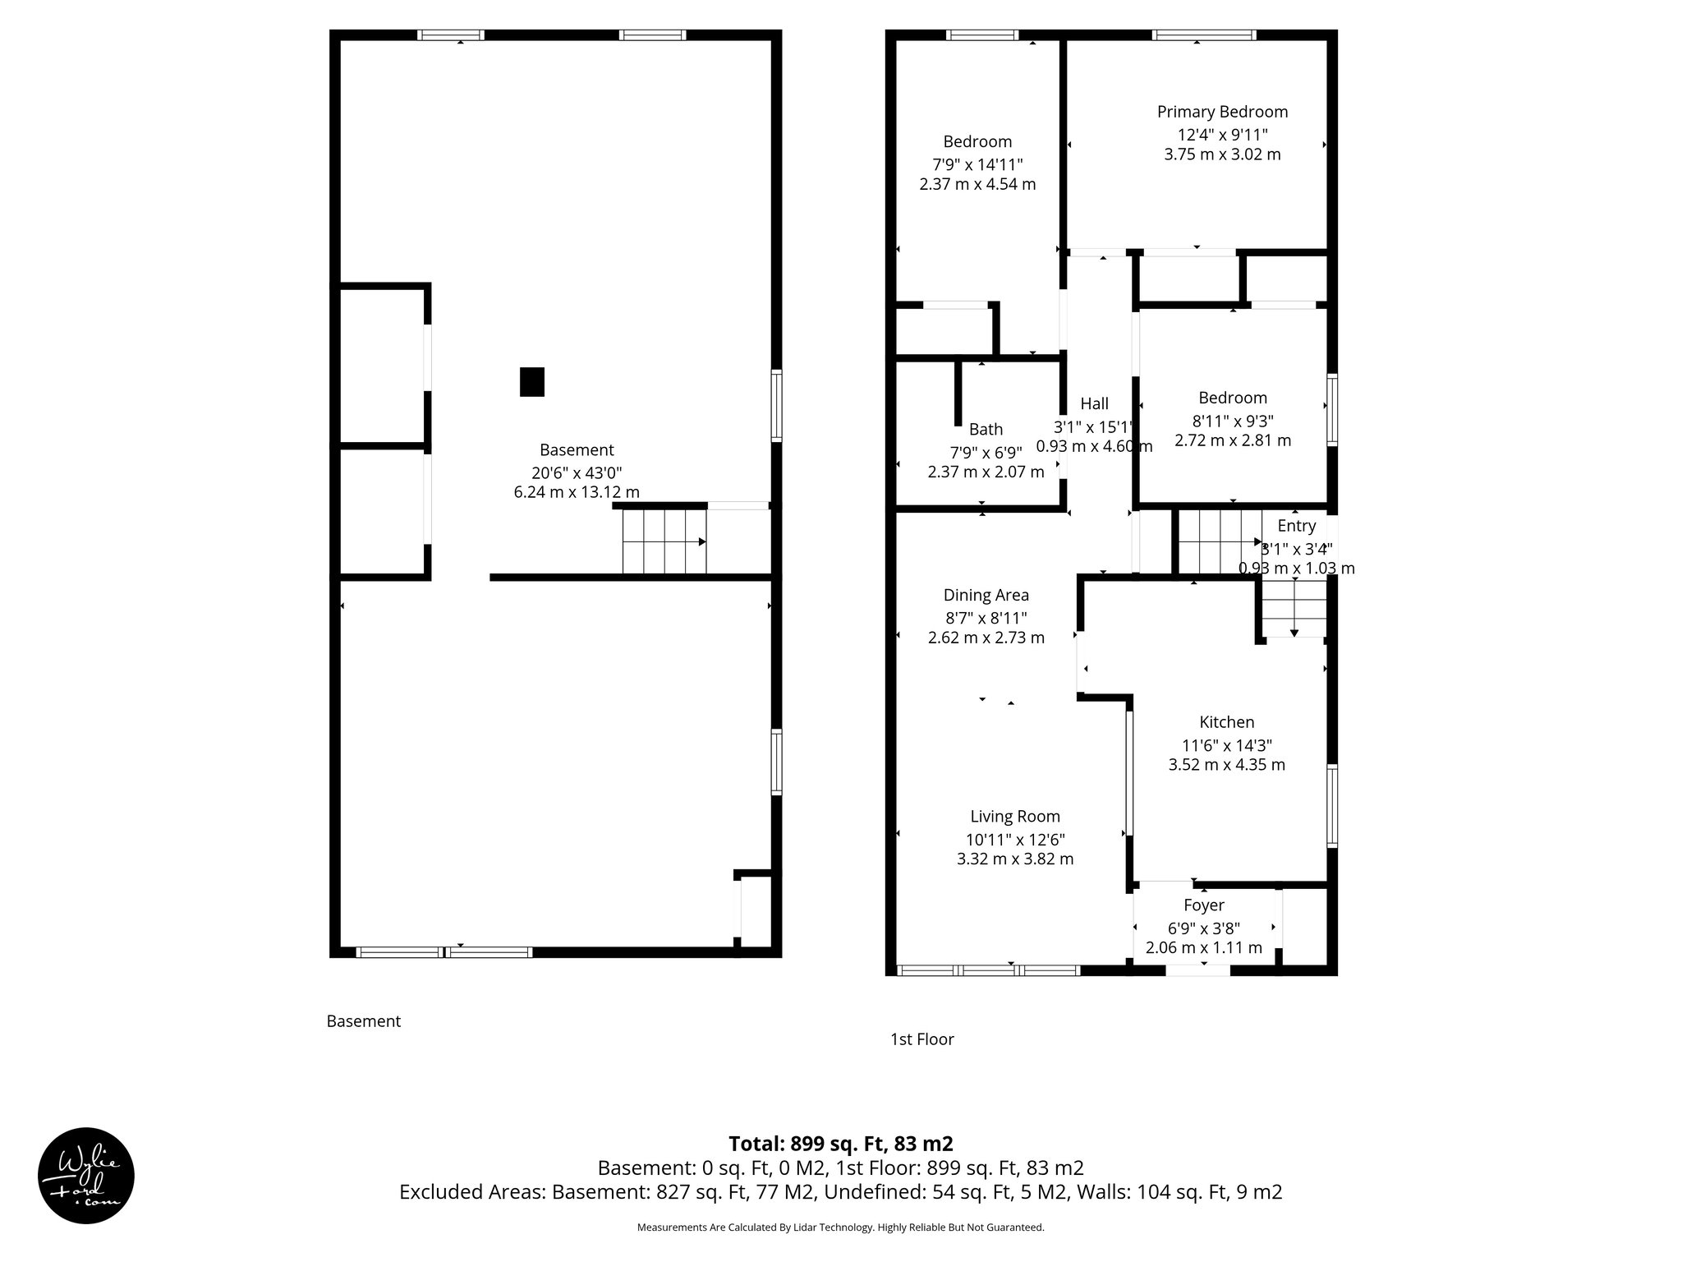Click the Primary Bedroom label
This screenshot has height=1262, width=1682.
(x=1222, y=112)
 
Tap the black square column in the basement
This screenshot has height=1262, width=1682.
(x=532, y=382)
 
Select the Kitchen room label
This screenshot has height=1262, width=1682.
(x=1227, y=722)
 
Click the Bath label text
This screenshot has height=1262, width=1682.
(x=986, y=429)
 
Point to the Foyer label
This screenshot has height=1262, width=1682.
(x=1204, y=905)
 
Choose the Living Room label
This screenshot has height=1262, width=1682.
(x=1015, y=816)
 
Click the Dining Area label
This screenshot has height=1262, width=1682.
(x=986, y=595)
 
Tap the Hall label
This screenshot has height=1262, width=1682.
(x=1094, y=403)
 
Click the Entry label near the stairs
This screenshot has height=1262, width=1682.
(x=1297, y=526)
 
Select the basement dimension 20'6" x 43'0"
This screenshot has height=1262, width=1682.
(x=577, y=472)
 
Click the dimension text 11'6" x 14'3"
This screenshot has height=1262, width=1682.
(x=1227, y=745)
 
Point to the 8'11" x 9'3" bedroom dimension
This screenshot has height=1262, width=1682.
(x=1233, y=421)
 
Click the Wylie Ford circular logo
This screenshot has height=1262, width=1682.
(x=86, y=1176)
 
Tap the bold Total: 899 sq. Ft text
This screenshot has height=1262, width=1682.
(x=841, y=1144)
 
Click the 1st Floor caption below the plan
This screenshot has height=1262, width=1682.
(x=922, y=1039)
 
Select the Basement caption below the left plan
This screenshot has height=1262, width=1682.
(x=364, y=1021)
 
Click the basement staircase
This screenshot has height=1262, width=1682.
(x=664, y=541)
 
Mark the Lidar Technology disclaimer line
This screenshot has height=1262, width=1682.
(x=841, y=1227)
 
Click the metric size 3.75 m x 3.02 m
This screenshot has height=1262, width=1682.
(x=1222, y=154)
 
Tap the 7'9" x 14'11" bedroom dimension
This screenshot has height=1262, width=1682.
(x=977, y=164)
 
